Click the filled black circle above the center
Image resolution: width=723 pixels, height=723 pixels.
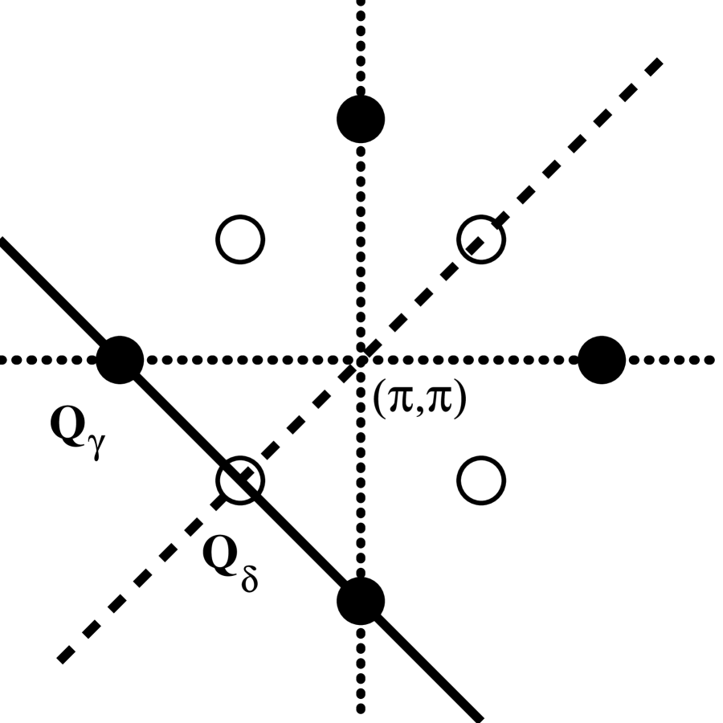pos(361,119)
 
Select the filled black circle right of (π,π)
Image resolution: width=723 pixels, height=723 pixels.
pos(602,358)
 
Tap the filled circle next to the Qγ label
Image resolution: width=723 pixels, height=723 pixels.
pos(120,358)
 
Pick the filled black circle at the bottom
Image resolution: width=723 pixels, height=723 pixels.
pos(361,600)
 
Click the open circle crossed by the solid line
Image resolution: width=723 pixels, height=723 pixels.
pos(240,480)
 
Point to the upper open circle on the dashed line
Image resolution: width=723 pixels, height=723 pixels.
pos(481,239)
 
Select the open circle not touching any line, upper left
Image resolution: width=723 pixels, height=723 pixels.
pos(240,239)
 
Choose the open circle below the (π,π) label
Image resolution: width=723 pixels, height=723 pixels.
pos(481,480)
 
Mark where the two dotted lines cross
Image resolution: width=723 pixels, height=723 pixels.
pos(361,358)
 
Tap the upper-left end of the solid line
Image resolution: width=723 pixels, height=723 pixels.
pos(3,240)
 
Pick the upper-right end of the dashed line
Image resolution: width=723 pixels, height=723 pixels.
pos(660,60)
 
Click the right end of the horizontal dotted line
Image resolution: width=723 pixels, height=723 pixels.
pos(712,358)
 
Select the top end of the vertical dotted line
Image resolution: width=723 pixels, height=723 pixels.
pos(361,4)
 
